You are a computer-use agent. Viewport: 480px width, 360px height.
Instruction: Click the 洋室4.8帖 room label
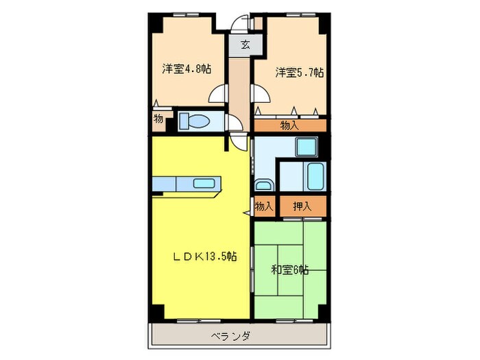tap(186, 69)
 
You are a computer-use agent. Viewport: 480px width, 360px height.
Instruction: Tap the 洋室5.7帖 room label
tap(300, 72)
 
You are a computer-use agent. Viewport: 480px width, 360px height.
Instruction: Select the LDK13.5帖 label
tap(204, 256)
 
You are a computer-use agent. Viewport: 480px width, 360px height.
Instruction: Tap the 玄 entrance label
tap(244, 46)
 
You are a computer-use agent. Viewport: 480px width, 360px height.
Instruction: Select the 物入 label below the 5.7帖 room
tap(289, 125)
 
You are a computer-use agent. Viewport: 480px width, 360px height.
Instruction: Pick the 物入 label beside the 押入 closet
tap(264, 206)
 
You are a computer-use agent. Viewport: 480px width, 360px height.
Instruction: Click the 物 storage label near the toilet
tap(159, 119)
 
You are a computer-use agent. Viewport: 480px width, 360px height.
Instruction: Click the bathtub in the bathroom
tap(315, 177)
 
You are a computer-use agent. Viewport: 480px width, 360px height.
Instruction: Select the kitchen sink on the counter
tap(204, 183)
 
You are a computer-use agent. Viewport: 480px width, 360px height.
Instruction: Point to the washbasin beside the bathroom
tap(263, 184)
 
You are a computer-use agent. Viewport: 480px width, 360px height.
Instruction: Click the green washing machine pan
tap(304, 147)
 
